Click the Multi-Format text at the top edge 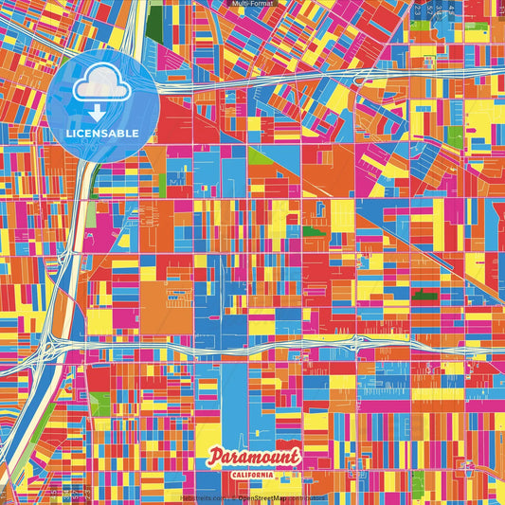(252, 5)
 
